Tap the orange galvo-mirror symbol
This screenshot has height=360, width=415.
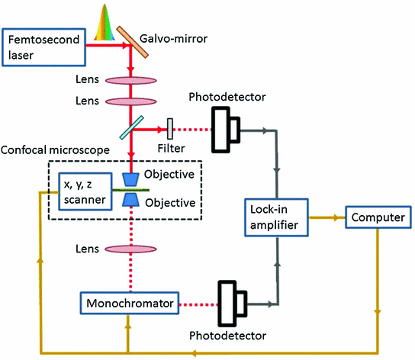tap(131, 47)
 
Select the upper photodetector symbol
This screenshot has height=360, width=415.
tap(227, 127)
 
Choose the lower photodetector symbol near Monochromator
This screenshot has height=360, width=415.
tap(230, 304)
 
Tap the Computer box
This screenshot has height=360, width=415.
tap(378, 218)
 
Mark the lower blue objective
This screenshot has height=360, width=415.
tap(132, 200)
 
